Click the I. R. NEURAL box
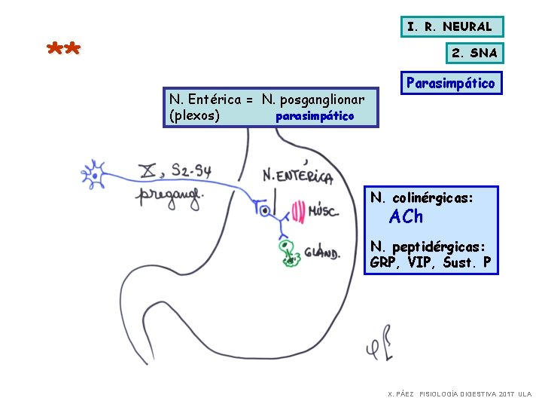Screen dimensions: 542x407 (449, 27)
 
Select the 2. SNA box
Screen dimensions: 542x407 (474, 54)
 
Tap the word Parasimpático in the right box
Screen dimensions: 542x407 (450, 84)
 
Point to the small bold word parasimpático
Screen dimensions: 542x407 (315, 117)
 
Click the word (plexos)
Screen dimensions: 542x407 (195, 115)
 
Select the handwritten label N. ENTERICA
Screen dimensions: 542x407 (297, 175)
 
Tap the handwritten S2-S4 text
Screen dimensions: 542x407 (190, 170)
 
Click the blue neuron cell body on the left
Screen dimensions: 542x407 (95, 177)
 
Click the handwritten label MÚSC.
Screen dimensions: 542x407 (324, 212)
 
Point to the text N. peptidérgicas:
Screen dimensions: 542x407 (428, 246)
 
